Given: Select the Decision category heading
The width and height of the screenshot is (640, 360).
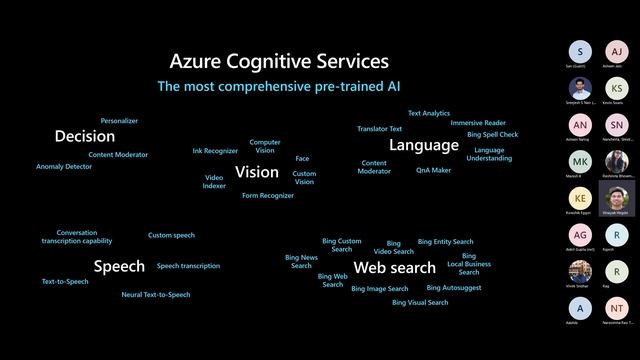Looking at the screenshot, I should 85,136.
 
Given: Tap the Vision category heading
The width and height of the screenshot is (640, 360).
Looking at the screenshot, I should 257,172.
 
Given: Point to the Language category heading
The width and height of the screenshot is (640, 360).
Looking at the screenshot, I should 424,145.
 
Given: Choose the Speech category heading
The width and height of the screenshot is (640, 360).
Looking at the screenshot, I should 119,266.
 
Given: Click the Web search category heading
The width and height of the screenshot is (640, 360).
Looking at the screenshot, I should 395,268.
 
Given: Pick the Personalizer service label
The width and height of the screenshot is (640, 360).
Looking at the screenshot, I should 119,120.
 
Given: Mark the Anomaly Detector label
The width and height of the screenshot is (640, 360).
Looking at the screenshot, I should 64,167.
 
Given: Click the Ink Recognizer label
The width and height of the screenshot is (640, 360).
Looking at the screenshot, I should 215,151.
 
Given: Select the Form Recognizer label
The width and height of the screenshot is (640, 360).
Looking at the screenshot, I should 268,196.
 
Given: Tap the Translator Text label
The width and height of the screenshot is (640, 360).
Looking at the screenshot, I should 380,129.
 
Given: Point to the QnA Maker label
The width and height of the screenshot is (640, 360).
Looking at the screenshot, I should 434,170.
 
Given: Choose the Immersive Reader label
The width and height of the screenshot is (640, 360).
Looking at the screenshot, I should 478,123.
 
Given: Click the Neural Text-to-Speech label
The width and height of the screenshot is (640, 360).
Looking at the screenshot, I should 156,295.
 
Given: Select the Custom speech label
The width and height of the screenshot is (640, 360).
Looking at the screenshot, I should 171,235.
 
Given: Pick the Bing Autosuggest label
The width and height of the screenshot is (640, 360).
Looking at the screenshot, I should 454,287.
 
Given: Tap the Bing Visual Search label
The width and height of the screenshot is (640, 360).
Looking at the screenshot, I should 420,302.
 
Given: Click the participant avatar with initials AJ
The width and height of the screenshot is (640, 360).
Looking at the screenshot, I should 617,51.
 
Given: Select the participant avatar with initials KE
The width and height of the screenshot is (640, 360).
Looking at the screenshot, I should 580,197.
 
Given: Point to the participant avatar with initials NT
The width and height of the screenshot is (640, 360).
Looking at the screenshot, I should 617,308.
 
